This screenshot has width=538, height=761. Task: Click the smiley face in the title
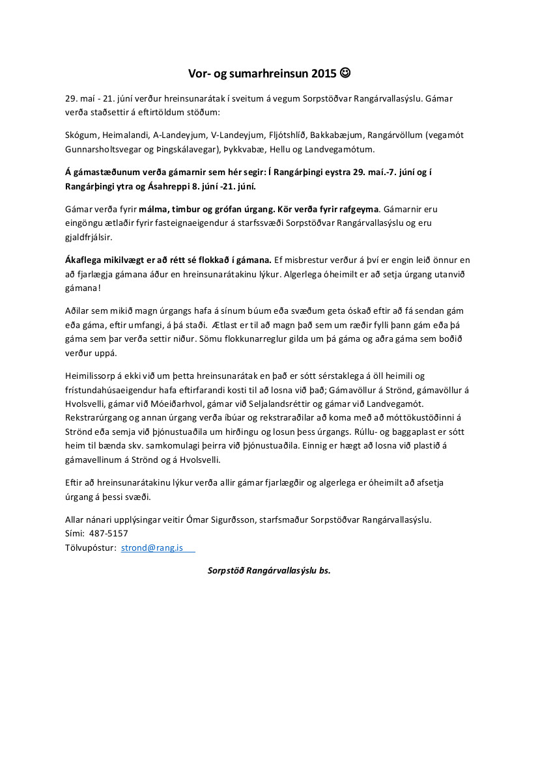coord(345,74)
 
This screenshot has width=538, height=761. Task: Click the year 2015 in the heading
coord(324,74)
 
